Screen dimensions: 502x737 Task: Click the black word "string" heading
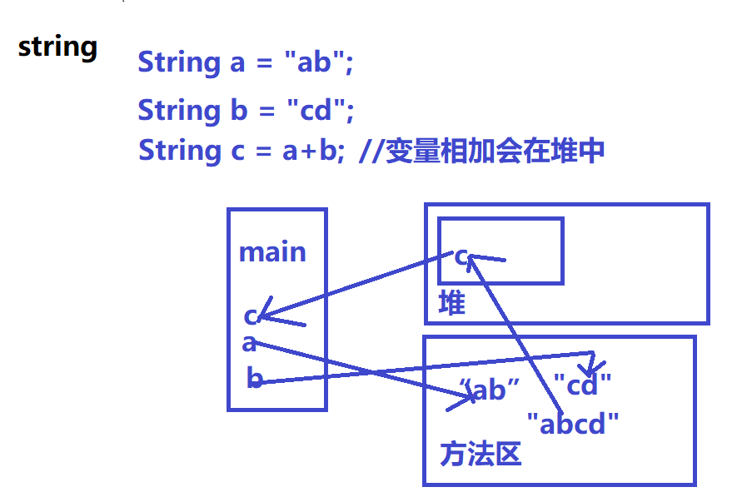click(57, 47)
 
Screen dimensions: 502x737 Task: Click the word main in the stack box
click(272, 252)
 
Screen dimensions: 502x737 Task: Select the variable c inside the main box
click(250, 316)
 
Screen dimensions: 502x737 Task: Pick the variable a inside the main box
click(249, 343)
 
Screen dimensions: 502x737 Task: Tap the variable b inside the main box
click(254, 379)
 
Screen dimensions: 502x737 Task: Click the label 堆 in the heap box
click(451, 303)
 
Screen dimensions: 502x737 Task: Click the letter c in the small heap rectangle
click(461, 256)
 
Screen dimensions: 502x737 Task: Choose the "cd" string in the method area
click(583, 385)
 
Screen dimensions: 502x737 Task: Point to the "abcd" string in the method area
click(574, 424)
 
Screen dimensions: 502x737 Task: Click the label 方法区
click(480, 454)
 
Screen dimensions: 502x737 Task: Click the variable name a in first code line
click(237, 63)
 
